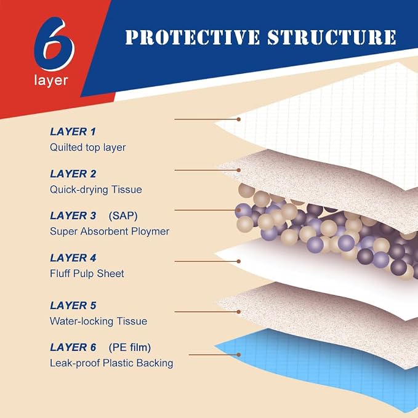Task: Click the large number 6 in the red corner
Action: point(54,44)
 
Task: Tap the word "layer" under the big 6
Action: point(51,81)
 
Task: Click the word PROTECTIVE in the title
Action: point(193,37)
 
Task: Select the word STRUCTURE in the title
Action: point(332,37)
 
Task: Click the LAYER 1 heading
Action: point(73,132)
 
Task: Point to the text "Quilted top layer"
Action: point(87,147)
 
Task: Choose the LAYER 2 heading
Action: point(73,174)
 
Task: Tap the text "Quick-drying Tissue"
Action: point(96,190)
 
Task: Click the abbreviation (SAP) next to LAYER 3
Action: point(123,216)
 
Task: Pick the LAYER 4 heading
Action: point(73,258)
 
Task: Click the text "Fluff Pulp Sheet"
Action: point(87,273)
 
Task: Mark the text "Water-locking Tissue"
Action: point(98,321)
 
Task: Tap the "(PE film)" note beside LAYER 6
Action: point(130,348)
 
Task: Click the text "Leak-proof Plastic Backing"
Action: point(111,363)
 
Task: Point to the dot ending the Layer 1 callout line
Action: point(239,119)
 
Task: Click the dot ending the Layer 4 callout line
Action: point(239,262)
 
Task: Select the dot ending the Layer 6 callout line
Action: point(239,355)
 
